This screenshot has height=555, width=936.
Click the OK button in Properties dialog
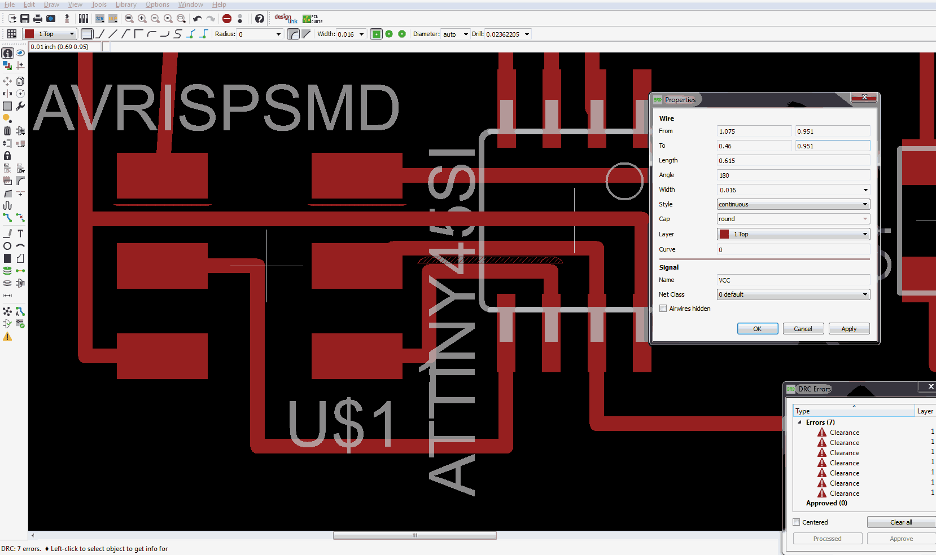(x=757, y=329)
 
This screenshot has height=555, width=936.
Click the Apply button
(x=848, y=329)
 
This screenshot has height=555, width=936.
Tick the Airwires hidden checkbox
(x=663, y=309)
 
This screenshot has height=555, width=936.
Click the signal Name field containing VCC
(x=793, y=280)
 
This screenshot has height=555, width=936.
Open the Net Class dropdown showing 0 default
(x=793, y=294)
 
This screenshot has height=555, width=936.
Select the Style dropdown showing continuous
(x=793, y=204)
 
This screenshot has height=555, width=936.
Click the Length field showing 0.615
(x=793, y=161)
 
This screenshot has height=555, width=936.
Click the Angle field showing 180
(x=793, y=175)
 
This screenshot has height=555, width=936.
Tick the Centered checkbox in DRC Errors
(x=797, y=522)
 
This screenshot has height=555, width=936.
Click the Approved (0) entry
(x=826, y=503)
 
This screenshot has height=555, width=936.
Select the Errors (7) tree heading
(x=820, y=422)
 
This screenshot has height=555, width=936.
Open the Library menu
(x=126, y=5)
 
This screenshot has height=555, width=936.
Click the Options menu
(x=158, y=5)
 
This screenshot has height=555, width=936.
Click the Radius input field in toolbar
(x=256, y=34)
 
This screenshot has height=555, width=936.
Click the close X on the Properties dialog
(x=864, y=98)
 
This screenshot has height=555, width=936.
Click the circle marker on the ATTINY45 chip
(x=624, y=181)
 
